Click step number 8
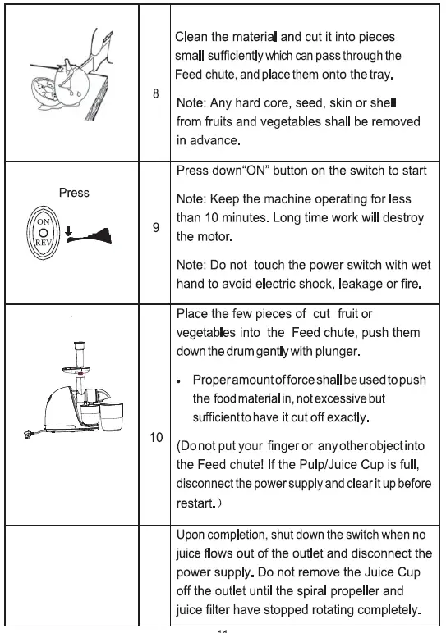[156, 93]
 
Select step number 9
[156, 228]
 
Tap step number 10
[156, 437]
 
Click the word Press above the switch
[74, 194]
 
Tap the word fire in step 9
[410, 284]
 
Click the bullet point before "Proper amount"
[179, 381]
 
